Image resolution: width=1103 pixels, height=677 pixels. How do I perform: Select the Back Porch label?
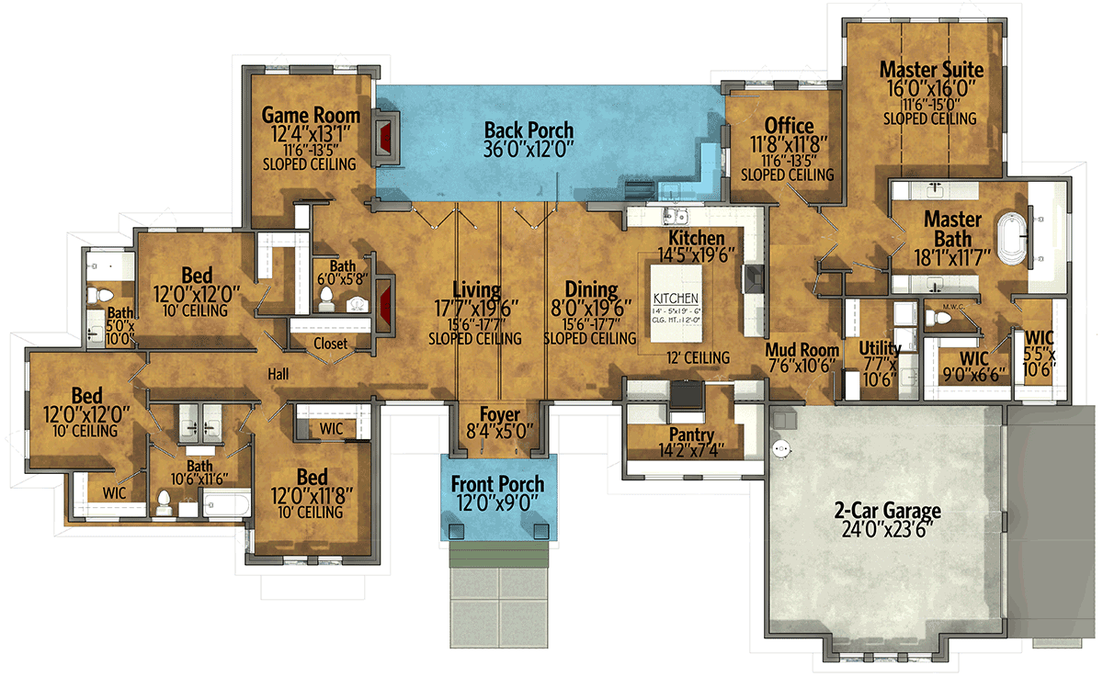529,130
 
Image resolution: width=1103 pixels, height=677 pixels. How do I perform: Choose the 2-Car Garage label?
887,512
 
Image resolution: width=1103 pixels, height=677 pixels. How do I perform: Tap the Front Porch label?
497,484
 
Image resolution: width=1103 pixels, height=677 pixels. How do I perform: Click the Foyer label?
499,414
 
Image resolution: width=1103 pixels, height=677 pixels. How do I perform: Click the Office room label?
789,126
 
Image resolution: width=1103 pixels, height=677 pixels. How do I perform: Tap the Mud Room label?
802,350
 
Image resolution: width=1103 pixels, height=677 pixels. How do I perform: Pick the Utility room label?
880,349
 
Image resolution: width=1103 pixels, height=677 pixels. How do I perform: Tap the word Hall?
279,375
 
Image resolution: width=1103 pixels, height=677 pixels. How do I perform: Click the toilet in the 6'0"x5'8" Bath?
325,298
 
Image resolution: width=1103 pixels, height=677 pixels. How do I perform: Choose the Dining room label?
591,291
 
